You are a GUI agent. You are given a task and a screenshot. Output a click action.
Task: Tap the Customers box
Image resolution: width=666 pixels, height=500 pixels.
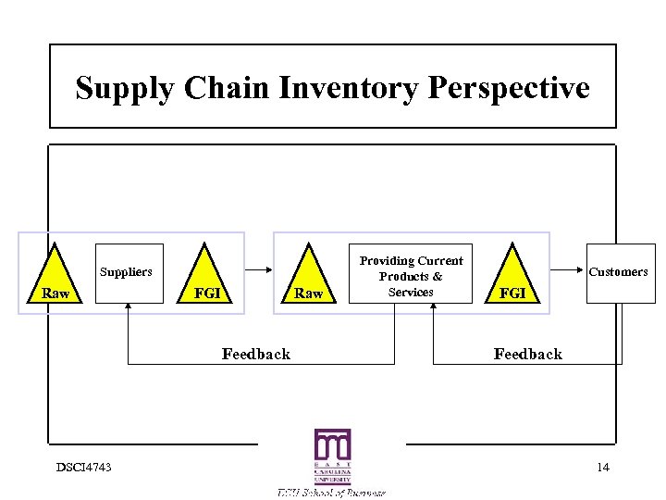click(x=617, y=272)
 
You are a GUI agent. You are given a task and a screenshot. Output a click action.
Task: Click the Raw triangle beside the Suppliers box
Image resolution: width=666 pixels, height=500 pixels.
click(x=55, y=278)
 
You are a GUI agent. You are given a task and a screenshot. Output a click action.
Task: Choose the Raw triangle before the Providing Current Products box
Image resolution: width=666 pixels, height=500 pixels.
click(x=308, y=278)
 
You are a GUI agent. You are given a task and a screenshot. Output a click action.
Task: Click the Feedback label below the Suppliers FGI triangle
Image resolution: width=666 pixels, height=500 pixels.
click(x=256, y=354)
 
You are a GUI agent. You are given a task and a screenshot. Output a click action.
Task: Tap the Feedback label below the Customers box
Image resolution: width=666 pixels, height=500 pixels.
click(x=527, y=354)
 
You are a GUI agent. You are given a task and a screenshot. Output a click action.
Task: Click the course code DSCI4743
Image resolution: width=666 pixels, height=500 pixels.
click(x=82, y=467)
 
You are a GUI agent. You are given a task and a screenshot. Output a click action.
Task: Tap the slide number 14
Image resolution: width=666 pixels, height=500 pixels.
click(x=603, y=467)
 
